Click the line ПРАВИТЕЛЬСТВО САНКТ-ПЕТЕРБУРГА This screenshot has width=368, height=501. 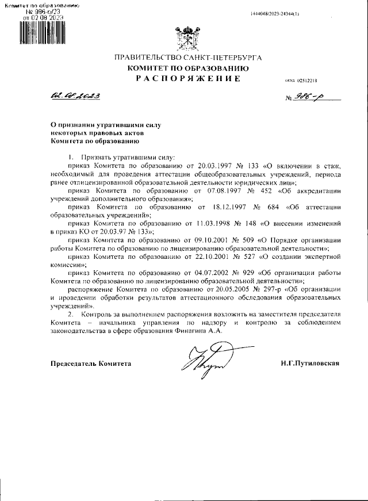(189, 59)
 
